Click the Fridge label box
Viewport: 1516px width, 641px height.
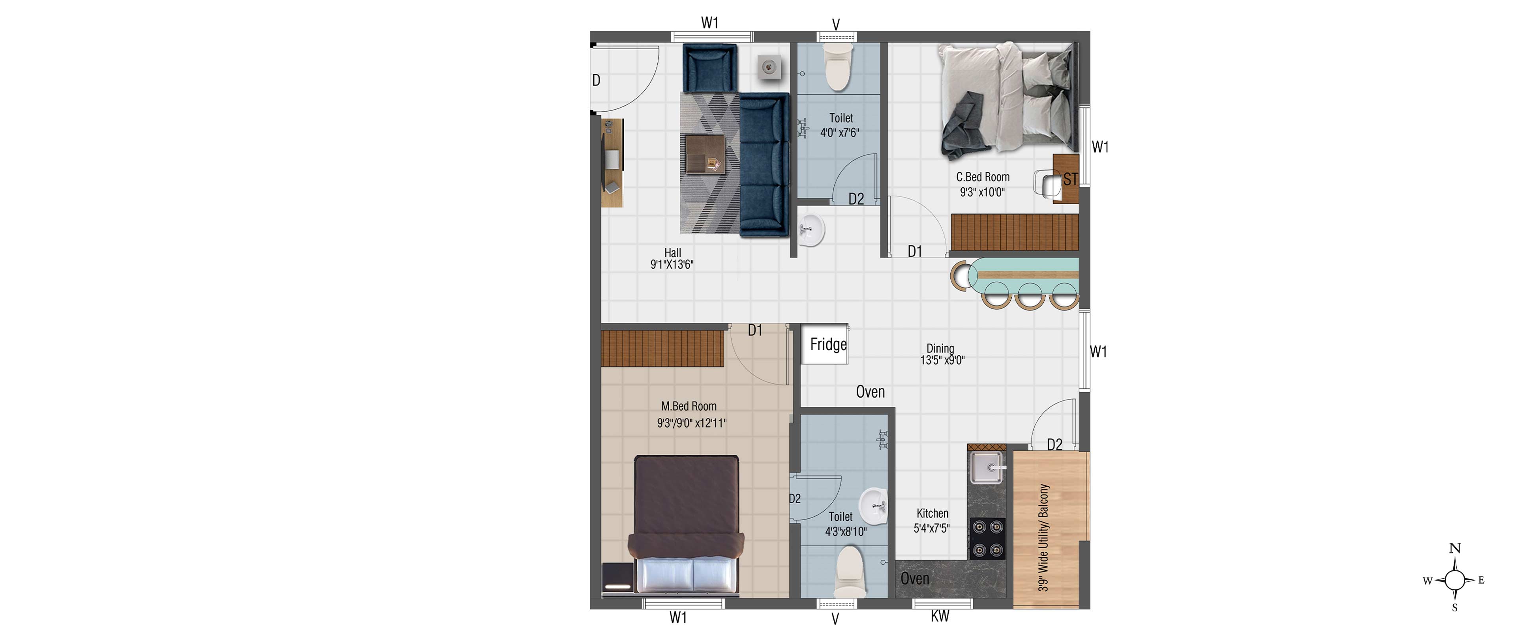824,344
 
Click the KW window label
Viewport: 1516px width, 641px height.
940,616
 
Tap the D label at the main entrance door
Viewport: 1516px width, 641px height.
596,80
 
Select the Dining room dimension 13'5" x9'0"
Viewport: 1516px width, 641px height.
942,360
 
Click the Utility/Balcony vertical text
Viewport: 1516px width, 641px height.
1043,538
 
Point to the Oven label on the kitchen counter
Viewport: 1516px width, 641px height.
915,579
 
